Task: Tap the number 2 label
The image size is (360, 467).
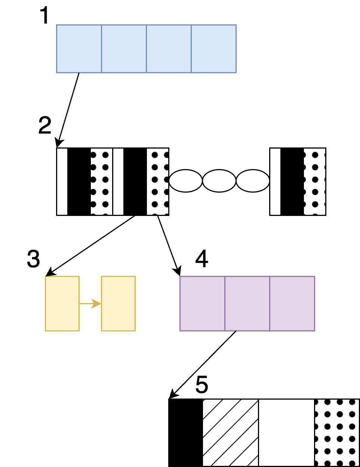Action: tap(45, 126)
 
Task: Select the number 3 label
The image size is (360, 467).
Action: tap(34, 259)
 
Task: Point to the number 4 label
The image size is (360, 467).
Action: tap(202, 259)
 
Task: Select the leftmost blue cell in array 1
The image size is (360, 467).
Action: tap(79, 49)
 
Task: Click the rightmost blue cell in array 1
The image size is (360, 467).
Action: tap(213, 49)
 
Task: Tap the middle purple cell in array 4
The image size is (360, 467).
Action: tap(247, 303)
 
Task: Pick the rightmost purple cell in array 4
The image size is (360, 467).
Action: tap(292, 303)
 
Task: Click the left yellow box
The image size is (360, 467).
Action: tap(62, 303)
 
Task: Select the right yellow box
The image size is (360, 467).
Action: tap(118, 303)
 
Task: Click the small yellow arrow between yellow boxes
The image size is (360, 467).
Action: tap(90, 303)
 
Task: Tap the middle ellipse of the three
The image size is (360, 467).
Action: tap(219, 181)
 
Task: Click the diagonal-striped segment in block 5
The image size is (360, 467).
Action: tap(230, 433)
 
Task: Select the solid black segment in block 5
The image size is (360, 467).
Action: tap(186, 433)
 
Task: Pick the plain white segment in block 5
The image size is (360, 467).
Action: tap(286, 433)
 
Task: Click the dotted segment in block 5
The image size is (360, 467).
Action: tap(336, 433)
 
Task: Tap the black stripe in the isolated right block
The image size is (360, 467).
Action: tap(292, 181)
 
